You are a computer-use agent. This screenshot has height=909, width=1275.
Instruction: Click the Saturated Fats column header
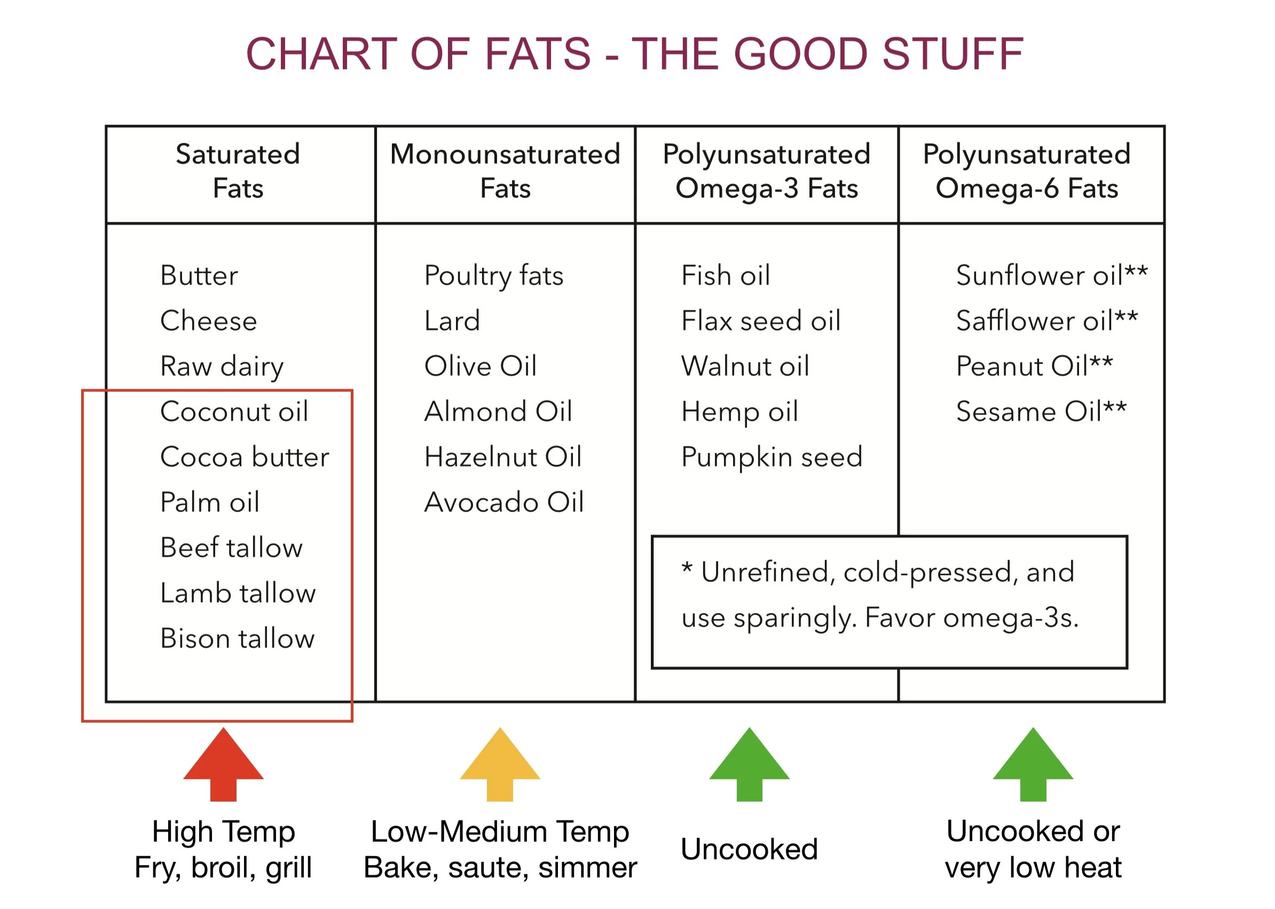point(238,171)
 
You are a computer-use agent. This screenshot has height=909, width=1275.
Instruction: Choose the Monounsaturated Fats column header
point(505,171)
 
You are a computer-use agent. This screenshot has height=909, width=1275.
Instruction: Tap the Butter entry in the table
point(199,275)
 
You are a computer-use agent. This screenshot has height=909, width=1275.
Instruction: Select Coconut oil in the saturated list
point(234,412)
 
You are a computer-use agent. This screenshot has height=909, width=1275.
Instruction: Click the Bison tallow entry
point(238,638)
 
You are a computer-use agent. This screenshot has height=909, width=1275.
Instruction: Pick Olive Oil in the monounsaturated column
point(481,366)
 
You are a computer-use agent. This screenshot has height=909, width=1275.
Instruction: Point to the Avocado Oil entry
point(504,502)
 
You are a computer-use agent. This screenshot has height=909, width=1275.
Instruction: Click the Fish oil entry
point(726,275)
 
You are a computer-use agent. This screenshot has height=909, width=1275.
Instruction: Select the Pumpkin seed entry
point(772,457)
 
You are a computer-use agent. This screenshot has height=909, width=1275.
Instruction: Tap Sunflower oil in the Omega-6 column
point(1039,275)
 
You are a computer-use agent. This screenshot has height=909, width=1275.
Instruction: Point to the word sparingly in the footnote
point(795,619)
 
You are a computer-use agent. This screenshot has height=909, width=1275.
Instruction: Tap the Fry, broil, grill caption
point(223,867)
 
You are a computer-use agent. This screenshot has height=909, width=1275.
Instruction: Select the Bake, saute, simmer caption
point(500,867)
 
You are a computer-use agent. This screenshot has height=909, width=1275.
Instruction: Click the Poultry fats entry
point(494,275)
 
